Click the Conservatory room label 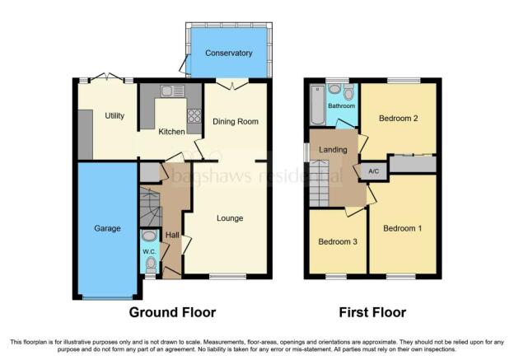(228, 53)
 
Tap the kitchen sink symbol (172, 91)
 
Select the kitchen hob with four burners (194, 116)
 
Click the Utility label (114, 115)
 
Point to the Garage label (107, 228)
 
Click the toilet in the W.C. (151, 264)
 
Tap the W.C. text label (149, 252)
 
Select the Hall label (172, 235)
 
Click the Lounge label (230, 218)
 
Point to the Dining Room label (236, 122)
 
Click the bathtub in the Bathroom (317, 105)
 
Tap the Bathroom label (341, 106)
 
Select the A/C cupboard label (374, 171)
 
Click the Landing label (333, 150)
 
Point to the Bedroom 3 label (338, 241)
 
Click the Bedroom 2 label (399, 118)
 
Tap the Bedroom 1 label (403, 228)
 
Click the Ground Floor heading (172, 312)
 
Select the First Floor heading (372, 312)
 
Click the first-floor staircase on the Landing (319, 183)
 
